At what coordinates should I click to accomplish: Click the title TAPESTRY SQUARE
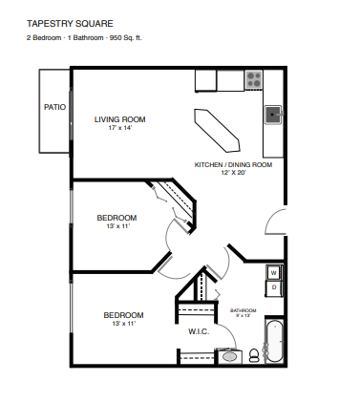(70, 24)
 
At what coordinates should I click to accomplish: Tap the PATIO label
(54, 107)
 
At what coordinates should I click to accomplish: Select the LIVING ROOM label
(119, 119)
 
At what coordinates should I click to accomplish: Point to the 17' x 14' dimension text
(119, 128)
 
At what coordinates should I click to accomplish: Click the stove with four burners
(254, 79)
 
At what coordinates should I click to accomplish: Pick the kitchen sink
(273, 115)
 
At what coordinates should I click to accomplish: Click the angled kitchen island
(217, 131)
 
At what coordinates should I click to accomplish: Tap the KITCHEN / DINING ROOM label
(233, 165)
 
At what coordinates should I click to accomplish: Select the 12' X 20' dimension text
(234, 173)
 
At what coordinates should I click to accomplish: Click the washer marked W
(274, 273)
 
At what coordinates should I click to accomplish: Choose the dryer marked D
(274, 288)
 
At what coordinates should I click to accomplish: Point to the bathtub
(274, 341)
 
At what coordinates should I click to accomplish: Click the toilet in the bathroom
(254, 355)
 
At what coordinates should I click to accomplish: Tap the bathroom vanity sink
(229, 356)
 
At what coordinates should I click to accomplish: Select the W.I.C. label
(199, 331)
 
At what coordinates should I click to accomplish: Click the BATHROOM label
(244, 310)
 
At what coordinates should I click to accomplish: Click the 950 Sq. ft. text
(126, 38)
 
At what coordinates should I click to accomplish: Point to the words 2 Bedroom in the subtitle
(44, 38)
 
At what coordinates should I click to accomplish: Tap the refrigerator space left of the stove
(231, 80)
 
